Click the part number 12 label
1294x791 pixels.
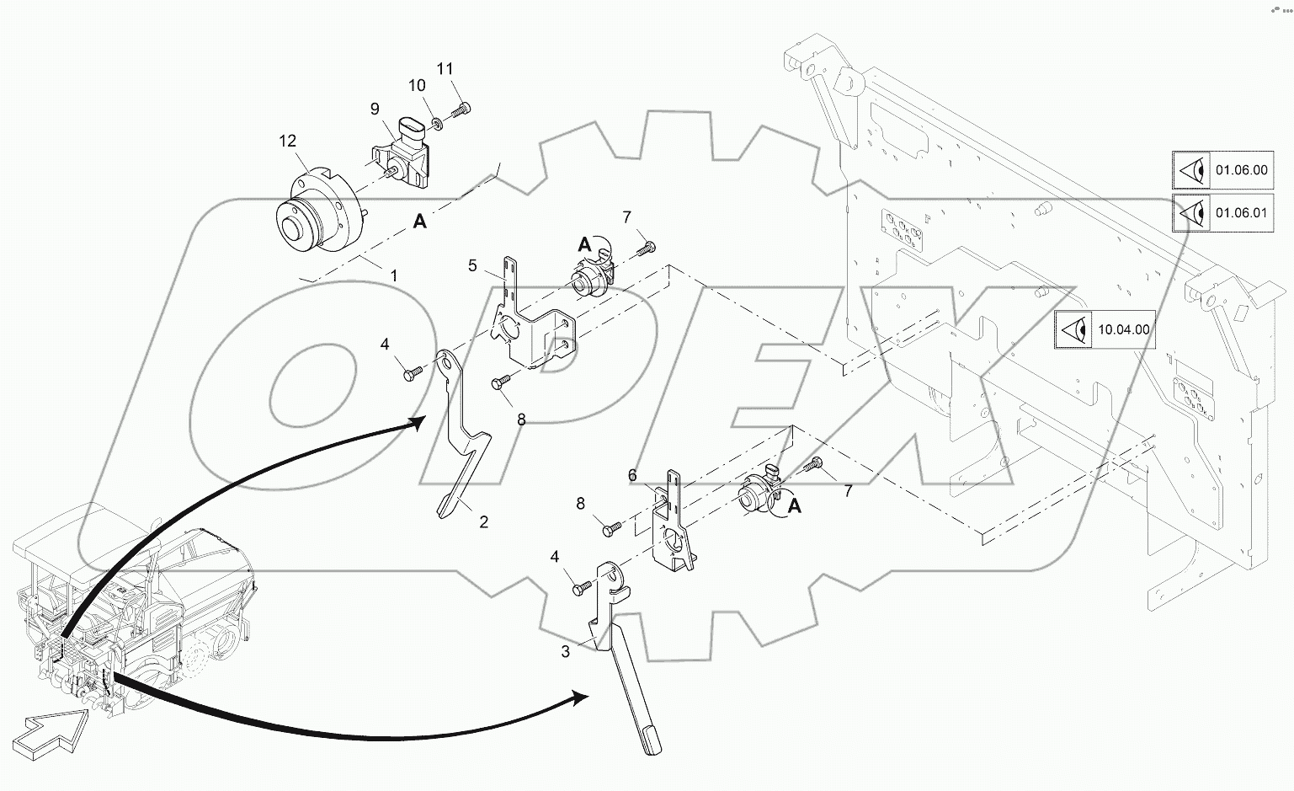click(x=288, y=141)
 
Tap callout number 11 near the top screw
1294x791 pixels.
click(x=445, y=68)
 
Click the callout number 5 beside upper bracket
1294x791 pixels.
click(x=473, y=266)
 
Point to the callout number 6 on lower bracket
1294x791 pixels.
click(x=632, y=476)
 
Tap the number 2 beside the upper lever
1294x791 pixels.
click(x=483, y=522)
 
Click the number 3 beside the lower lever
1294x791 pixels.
click(x=565, y=651)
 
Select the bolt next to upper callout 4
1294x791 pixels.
click(x=413, y=371)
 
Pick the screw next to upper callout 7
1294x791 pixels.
click(x=647, y=248)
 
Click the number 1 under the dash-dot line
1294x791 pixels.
click(x=393, y=275)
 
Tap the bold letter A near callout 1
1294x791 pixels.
click(x=419, y=222)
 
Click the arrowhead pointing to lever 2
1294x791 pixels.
click(x=417, y=424)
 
